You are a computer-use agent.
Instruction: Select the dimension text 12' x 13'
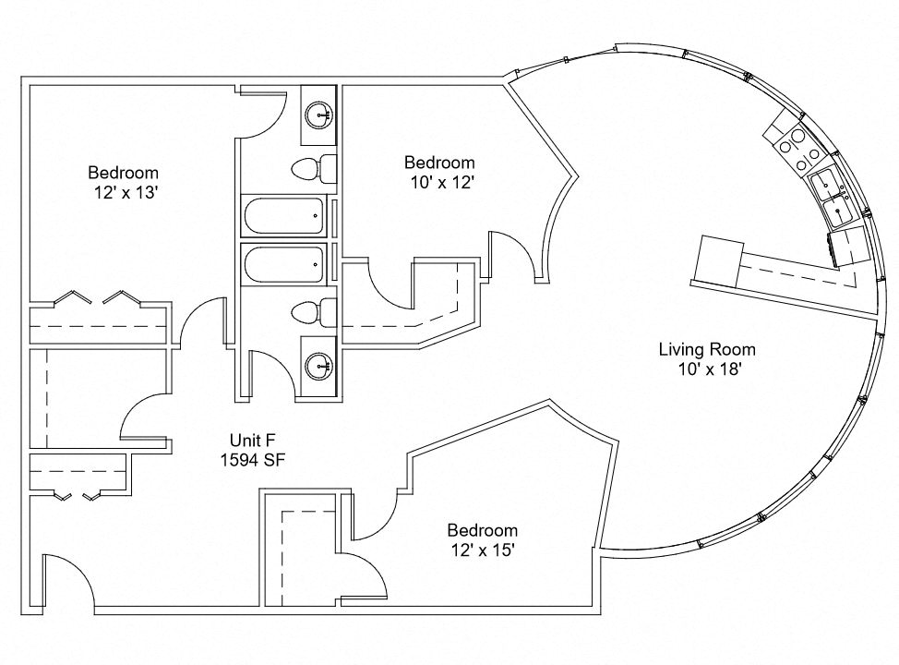coord(123,192)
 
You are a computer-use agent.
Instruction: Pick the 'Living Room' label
coord(706,349)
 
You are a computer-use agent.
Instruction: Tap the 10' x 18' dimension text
coord(706,369)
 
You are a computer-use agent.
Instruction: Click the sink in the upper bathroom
coord(321,116)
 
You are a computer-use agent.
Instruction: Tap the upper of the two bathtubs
coord(284,217)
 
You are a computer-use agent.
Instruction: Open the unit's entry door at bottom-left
coord(65,582)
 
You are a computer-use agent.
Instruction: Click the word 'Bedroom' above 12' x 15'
coord(482,530)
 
